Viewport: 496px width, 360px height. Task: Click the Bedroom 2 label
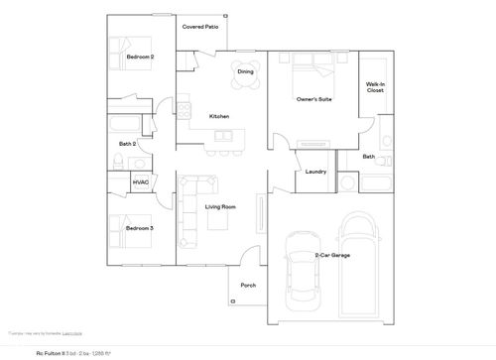point(140,58)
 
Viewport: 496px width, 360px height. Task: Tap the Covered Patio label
point(199,27)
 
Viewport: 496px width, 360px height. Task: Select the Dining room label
point(245,72)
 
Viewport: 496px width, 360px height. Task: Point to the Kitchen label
point(219,117)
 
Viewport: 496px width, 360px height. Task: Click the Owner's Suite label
point(313,99)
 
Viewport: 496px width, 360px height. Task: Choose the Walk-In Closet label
point(375,87)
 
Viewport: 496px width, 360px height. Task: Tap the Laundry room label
point(316,172)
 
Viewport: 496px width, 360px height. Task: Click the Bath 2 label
point(127,144)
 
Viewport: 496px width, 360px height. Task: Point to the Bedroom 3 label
point(139,228)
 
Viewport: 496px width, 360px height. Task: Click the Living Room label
point(220,206)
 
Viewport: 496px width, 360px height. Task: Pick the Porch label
point(248,285)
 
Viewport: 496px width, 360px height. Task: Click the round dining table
point(245,72)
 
